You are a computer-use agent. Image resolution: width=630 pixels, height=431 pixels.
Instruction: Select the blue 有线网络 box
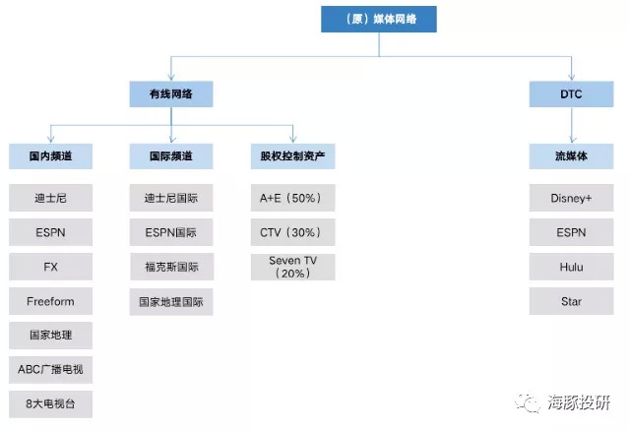(171, 93)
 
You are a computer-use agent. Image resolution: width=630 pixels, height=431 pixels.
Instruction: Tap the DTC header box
(571, 93)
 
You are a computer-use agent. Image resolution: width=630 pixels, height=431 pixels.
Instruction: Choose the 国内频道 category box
(50, 155)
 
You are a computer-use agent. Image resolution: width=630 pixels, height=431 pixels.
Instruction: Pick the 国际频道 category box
(171, 155)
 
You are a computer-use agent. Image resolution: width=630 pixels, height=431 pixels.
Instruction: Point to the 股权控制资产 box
(292, 155)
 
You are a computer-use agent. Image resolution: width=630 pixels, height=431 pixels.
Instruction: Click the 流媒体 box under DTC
(571, 155)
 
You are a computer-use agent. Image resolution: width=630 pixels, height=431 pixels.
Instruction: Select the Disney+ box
(571, 198)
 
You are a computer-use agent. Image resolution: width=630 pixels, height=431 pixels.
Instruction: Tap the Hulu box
(571, 267)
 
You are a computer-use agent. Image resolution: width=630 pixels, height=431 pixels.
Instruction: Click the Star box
(571, 301)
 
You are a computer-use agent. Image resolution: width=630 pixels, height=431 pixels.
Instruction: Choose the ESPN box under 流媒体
(571, 232)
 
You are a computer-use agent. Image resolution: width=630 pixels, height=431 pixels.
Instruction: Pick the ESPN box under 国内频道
(50, 232)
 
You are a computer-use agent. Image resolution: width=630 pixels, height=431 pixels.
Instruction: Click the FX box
(50, 267)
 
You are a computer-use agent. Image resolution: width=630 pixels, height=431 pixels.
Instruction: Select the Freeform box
(50, 301)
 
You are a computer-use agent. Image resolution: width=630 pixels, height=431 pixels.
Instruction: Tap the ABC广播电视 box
(50, 369)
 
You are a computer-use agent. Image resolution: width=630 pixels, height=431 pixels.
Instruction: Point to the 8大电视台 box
(50, 402)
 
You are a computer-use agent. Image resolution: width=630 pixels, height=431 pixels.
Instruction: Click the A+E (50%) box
(292, 198)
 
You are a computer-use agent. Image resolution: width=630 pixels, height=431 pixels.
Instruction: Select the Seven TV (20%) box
(292, 267)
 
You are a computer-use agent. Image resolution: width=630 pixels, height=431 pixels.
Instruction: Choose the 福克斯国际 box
(171, 267)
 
